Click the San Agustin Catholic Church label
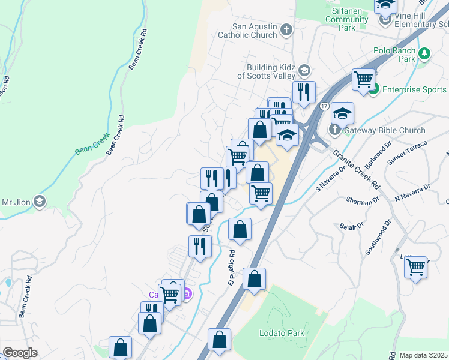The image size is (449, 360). (255, 31)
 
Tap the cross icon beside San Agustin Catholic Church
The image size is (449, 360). (287, 29)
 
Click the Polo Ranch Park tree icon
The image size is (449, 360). (425, 54)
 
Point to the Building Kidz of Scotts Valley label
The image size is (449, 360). (269, 71)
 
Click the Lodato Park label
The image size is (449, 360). (282, 333)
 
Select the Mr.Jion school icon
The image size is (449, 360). (40, 201)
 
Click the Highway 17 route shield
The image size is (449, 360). (324, 107)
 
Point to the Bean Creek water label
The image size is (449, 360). (92, 142)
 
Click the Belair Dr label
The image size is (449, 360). (352, 227)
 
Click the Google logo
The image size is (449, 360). (20, 353)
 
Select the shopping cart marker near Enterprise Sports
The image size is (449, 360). (364, 79)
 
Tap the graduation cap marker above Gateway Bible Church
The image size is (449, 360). (342, 113)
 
